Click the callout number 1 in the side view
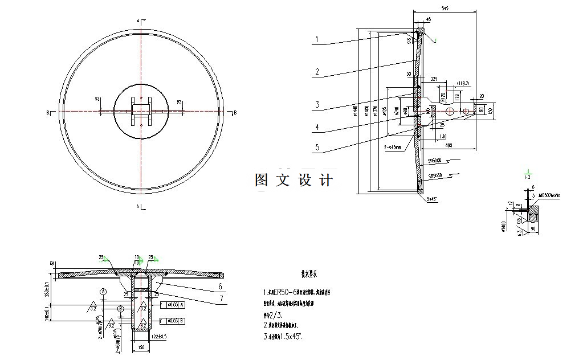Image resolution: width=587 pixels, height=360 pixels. click(x=317, y=40)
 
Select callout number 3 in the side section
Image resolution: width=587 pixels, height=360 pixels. click(x=317, y=104)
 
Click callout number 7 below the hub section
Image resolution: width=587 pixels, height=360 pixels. click(x=221, y=297)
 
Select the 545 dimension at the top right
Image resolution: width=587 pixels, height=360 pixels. click(x=446, y=9)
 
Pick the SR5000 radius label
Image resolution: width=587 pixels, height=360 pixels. click(x=437, y=161)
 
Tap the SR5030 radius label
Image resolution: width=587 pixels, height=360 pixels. click(x=437, y=175)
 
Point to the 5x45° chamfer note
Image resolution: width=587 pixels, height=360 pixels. click(x=434, y=199)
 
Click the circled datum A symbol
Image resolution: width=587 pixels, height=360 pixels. click(x=103, y=291)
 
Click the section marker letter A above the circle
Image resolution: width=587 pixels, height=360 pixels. click(x=138, y=21)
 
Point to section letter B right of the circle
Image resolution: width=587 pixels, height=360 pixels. click(x=235, y=113)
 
